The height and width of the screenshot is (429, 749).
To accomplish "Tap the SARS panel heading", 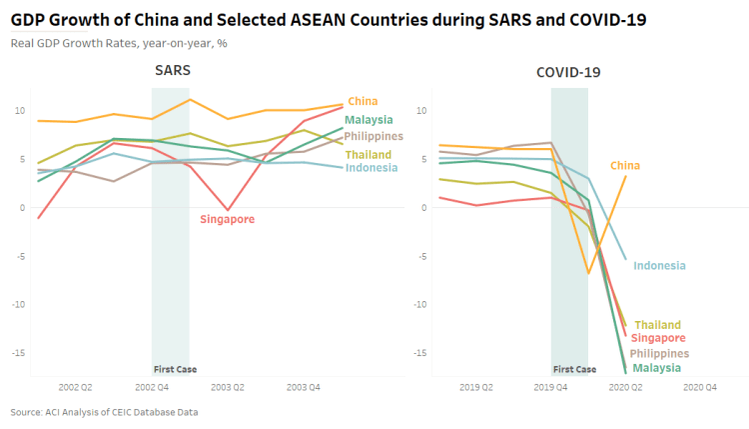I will click(x=172, y=71).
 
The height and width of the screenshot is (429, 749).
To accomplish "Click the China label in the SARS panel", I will click(x=363, y=101).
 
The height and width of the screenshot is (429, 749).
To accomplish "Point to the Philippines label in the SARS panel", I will click(x=374, y=136).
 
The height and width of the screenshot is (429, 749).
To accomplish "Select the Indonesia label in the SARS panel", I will click(x=372, y=167).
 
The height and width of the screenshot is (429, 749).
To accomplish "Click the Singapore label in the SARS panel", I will click(x=228, y=218).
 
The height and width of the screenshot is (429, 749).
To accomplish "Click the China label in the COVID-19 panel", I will click(x=625, y=166).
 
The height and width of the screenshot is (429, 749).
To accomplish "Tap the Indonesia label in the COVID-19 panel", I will click(x=659, y=266).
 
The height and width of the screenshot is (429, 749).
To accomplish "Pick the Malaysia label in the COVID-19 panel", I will click(x=656, y=368).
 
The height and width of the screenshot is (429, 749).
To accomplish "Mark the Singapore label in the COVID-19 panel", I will click(x=656, y=339).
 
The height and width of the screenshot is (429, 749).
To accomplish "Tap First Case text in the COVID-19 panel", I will click(x=574, y=369).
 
